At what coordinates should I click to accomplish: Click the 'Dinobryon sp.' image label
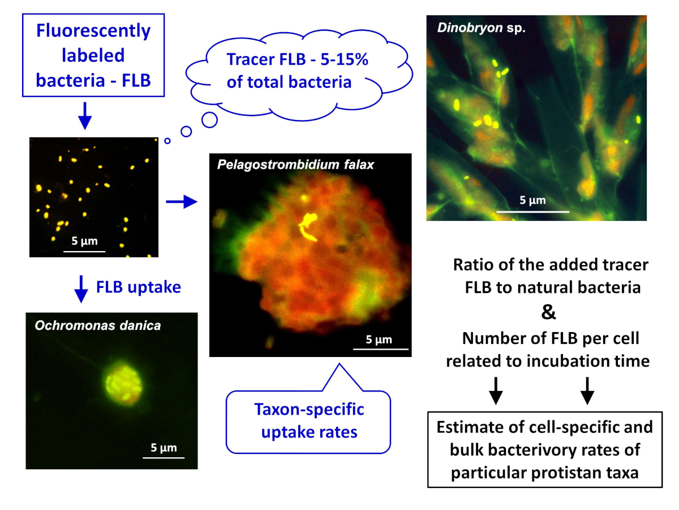click(x=481, y=28)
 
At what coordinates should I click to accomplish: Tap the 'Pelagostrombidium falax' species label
click(x=295, y=164)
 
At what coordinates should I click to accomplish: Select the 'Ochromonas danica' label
click(x=98, y=325)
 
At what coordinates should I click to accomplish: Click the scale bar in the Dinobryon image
click(x=532, y=212)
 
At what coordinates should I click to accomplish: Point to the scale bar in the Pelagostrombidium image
click(x=381, y=349)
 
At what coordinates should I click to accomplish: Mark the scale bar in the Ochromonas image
click(x=164, y=457)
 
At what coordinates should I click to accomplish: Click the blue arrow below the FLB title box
click(x=85, y=116)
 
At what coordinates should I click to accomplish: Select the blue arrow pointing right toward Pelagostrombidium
click(x=182, y=202)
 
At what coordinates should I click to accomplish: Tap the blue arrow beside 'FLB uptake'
click(x=81, y=289)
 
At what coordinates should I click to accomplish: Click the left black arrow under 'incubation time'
click(x=496, y=391)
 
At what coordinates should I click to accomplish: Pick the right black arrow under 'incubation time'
click(x=587, y=391)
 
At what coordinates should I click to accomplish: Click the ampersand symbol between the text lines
click(x=548, y=312)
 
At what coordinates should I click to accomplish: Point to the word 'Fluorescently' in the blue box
click(x=93, y=31)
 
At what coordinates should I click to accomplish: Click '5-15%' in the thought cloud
click(x=344, y=59)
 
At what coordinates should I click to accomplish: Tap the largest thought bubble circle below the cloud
click(x=209, y=120)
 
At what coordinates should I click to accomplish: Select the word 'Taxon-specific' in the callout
click(x=309, y=409)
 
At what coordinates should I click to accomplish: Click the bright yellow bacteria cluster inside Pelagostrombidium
click(x=308, y=226)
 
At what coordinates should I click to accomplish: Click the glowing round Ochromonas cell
click(x=124, y=385)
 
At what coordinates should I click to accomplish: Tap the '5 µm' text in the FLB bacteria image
click(x=84, y=241)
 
